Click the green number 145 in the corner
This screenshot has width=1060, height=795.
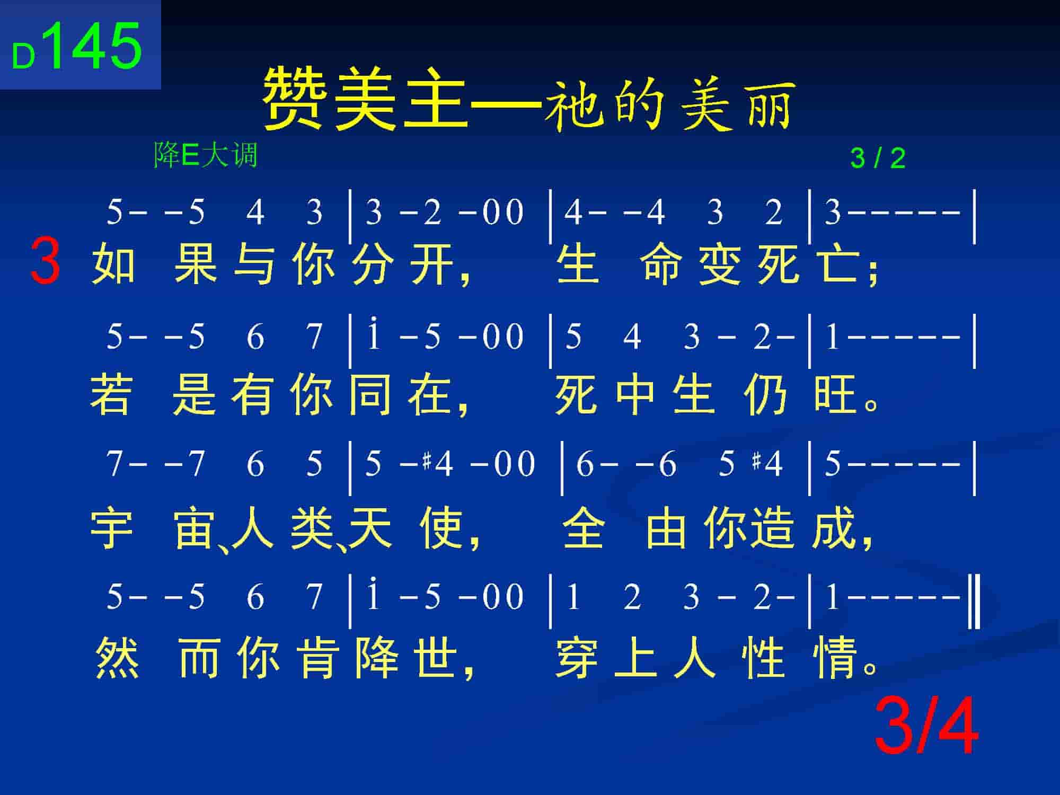point(96,46)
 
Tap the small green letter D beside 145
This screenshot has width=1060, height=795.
point(23,56)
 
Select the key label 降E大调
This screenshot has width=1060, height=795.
point(206,155)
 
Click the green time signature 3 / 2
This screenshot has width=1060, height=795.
point(878,158)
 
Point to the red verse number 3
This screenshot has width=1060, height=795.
point(45,261)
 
